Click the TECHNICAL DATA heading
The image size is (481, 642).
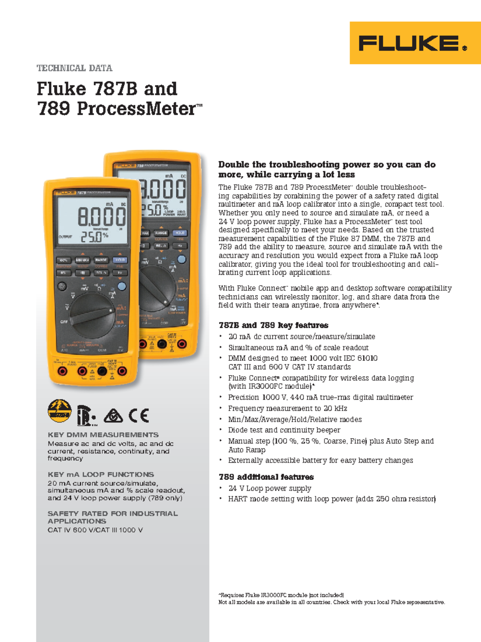75,68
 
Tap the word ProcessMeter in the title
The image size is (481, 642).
136,108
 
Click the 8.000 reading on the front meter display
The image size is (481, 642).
101,217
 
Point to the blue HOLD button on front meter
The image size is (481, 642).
119,260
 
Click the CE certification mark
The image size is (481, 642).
139,415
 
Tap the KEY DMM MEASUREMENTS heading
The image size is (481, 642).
103,435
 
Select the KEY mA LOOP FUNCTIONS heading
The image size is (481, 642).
101,474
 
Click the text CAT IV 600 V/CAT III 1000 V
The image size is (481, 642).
95,530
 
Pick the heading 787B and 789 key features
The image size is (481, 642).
273,325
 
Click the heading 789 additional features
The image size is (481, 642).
266,477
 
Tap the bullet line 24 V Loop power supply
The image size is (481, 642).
270,488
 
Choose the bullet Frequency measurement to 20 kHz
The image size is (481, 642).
287,408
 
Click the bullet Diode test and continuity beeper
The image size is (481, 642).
284,430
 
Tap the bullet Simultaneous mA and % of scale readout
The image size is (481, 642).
298,347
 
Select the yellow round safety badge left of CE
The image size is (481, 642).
59,411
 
